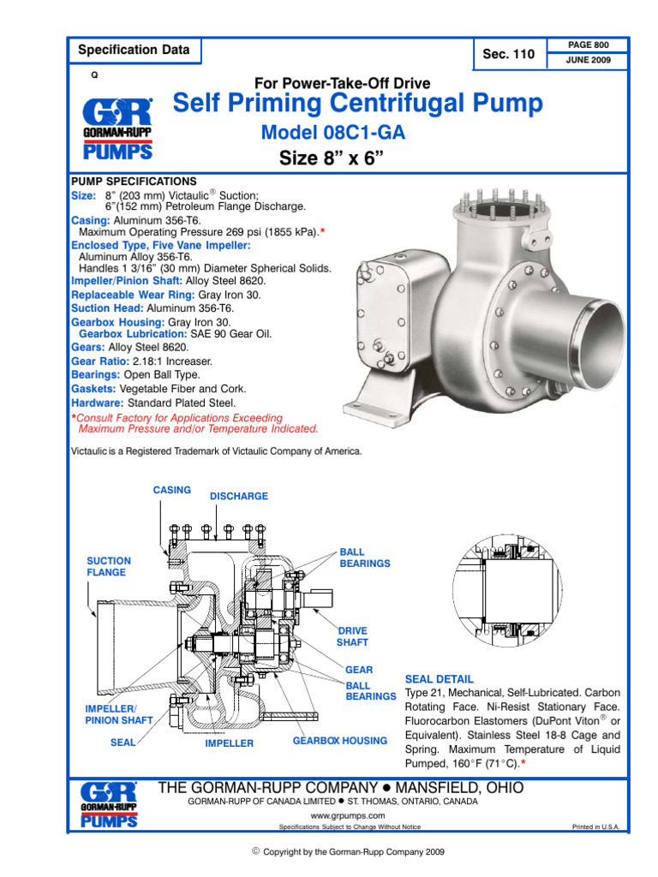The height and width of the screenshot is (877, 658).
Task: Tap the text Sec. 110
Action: pos(508,55)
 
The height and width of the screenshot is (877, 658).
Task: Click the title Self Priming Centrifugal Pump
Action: pos(357,104)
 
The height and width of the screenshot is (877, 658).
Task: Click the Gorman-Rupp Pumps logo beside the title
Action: pos(117,128)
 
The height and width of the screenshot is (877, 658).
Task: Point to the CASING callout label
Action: pos(171,490)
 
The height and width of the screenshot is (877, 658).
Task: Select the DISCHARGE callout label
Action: pos(239,496)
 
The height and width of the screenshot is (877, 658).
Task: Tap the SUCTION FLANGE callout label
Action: pos(107,566)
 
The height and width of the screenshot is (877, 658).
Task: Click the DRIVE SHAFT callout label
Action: pos(353,636)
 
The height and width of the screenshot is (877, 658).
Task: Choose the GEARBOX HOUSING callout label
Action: pos(340,740)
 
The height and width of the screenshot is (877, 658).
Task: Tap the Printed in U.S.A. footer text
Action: pos(595,827)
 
